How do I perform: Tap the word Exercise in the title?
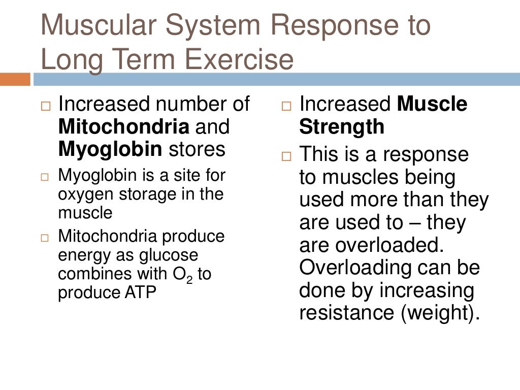(239, 60)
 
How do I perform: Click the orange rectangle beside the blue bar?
(15, 79)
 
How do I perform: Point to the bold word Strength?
(342, 127)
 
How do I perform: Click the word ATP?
(139, 293)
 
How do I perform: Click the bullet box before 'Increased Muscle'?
(286, 108)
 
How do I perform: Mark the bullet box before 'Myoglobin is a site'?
(46, 178)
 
